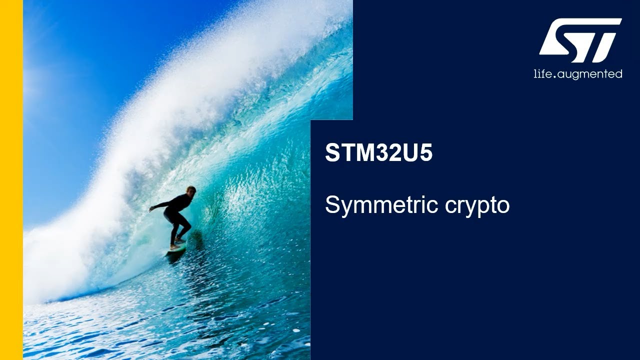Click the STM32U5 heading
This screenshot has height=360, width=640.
point(378,153)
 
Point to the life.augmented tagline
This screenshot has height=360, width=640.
point(578,74)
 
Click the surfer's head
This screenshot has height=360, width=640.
point(190,190)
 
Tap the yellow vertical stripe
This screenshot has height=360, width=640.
point(11,180)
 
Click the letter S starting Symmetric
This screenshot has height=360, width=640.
point(331,204)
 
